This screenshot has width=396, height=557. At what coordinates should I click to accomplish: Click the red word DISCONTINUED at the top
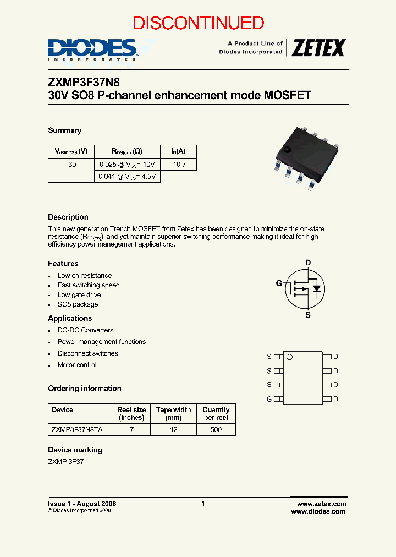pyautogui.click(x=198, y=23)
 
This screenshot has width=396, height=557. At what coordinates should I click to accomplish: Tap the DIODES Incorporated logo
pyautogui.click(x=92, y=48)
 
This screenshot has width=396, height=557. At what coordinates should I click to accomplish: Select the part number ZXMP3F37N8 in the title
pyautogui.click(x=84, y=82)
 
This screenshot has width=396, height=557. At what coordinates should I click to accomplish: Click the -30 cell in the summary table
pyautogui.click(x=71, y=164)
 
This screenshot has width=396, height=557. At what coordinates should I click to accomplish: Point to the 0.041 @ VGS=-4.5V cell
pyautogui.click(x=128, y=177)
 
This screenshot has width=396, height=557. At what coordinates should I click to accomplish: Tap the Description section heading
pyautogui.click(x=68, y=217)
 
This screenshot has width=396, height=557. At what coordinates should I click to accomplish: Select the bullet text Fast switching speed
pyautogui.click(x=89, y=285)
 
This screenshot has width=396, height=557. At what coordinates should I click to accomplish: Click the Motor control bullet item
pyautogui.click(x=77, y=365)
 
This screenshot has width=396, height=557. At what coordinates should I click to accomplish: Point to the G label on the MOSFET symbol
pyautogui.click(x=279, y=283)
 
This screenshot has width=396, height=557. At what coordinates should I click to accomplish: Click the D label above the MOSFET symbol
pyautogui.click(x=308, y=263)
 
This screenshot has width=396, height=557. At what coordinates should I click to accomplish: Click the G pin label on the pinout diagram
pyautogui.click(x=269, y=399)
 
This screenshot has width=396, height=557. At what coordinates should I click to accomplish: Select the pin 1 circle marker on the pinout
pyautogui.click(x=290, y=357)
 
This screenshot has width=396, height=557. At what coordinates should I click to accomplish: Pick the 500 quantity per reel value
pyautogui.click(x=216, y=429)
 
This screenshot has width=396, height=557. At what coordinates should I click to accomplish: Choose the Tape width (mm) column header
pyautogui.click(x=174, y=413)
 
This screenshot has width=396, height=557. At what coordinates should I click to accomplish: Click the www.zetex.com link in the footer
pyautogui.click(x=322, y=504)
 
